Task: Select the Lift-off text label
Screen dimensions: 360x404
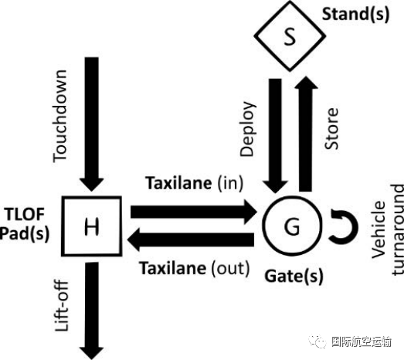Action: [x=61, y=314]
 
